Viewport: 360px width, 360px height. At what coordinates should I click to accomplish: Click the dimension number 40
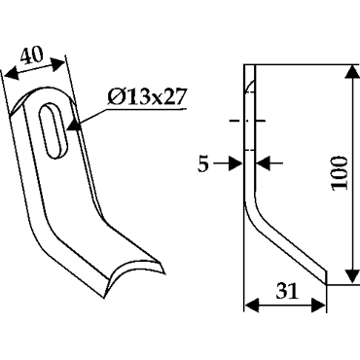31,55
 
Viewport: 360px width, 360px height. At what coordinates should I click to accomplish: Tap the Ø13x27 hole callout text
147,97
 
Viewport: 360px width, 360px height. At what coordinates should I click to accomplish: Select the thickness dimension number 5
203,164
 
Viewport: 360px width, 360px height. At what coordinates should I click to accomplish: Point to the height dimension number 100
340,173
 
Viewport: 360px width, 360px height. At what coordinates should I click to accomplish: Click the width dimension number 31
287,291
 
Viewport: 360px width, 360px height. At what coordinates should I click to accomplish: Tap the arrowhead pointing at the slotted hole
73,126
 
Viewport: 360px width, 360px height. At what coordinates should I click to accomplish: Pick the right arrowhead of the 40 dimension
57,64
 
